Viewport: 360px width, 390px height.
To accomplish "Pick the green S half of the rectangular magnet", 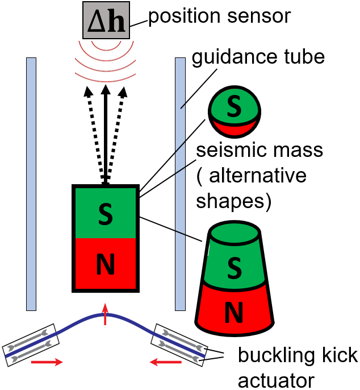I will pyautogui.click(x=105, y=212).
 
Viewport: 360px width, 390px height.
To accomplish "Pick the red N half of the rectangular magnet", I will pyautogui.click(x=105, y=263).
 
